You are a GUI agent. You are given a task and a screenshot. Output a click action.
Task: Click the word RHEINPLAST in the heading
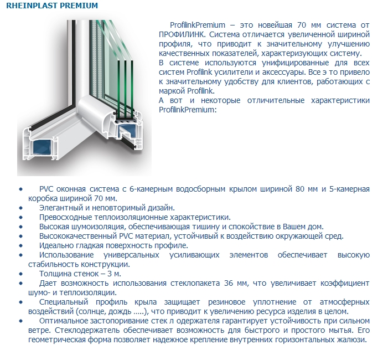tap(27, 6)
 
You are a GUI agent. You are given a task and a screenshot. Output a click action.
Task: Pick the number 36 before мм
tap(230, 283)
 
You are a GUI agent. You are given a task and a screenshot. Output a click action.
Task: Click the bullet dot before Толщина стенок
tap(21, 274)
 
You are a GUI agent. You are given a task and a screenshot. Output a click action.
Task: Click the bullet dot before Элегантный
tap(21, 208)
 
